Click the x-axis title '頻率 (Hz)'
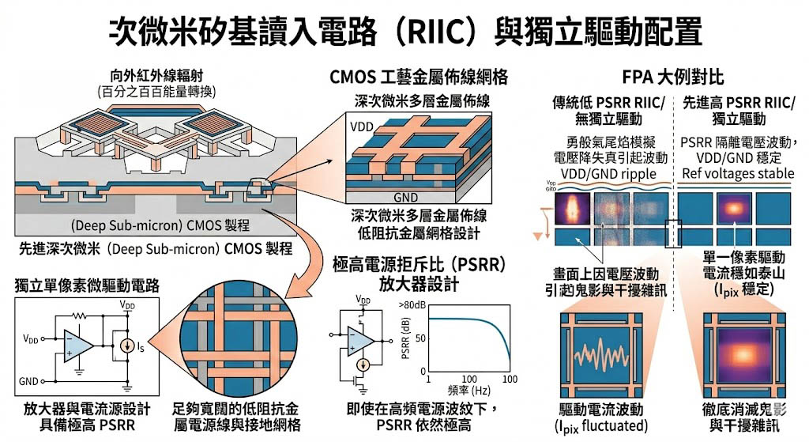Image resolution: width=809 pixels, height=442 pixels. pos(469,391)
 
